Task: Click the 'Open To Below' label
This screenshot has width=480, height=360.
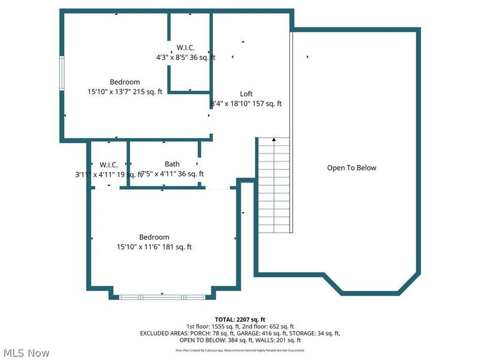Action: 352,168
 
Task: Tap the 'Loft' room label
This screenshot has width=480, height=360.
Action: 246,94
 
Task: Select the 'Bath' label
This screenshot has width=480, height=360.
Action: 172,164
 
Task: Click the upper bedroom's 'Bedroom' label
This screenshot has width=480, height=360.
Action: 125,82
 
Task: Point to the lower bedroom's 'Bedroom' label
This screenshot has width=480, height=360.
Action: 154,237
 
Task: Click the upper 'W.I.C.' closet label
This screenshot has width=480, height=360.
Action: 185,48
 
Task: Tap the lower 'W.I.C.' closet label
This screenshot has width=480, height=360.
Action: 109,164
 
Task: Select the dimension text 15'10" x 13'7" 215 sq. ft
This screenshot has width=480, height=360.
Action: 125,92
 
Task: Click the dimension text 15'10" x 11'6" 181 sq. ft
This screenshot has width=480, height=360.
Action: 154,247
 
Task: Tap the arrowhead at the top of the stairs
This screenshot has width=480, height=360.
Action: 274,140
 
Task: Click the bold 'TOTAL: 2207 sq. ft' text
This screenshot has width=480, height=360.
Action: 239,319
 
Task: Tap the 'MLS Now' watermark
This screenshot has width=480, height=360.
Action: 26,352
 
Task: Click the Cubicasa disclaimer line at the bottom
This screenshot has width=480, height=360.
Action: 239,350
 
